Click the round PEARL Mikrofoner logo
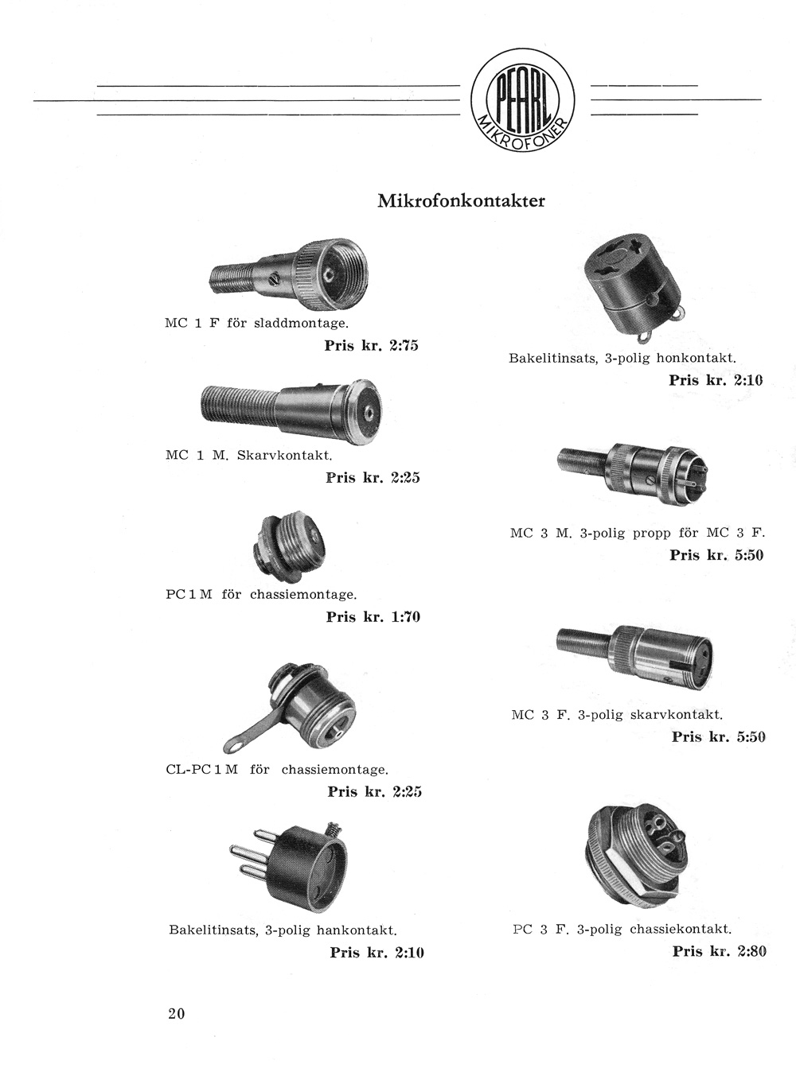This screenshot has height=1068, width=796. click(x=523, y=100)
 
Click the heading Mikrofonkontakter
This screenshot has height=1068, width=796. click(x=461, y=200)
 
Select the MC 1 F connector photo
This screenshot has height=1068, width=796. click(x=289, y=274)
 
